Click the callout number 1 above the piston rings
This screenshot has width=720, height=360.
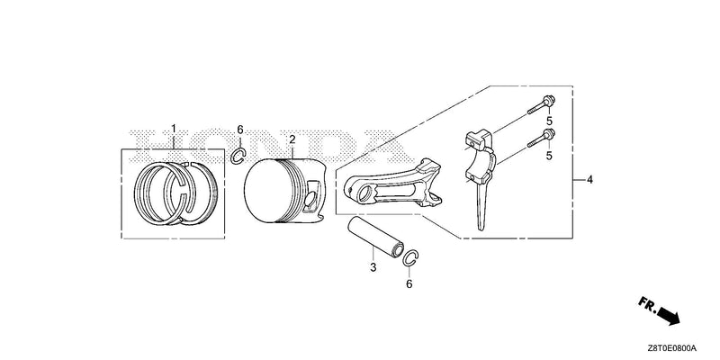[x=174, y=128]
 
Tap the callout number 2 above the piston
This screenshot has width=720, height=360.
[x=292, y=139]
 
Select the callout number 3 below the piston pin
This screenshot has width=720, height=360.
[x=373, y=266]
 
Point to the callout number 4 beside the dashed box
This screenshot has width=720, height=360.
[x=589, y=179]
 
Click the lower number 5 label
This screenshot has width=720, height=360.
[x=548, y=156]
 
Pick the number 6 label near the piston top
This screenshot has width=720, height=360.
[x=239, y=130]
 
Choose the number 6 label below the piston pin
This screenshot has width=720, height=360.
[x=409, y=284]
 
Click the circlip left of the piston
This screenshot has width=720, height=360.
[x=233, y=156]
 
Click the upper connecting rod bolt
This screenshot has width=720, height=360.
[x=542, y=104]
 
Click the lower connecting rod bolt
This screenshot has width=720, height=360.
[x=541, y=138]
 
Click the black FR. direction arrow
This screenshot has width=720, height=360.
[x=669, y=317]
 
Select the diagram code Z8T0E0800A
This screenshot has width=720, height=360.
[x=672, y=347]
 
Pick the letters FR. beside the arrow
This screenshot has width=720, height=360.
[x=647, y=304]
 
